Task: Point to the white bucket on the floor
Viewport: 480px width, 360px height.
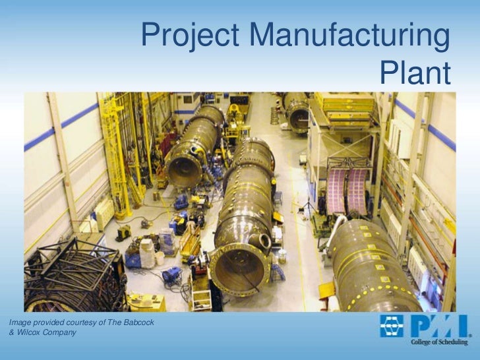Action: tap(160, 258)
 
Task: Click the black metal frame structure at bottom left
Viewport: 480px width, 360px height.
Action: tap(73, 274)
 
